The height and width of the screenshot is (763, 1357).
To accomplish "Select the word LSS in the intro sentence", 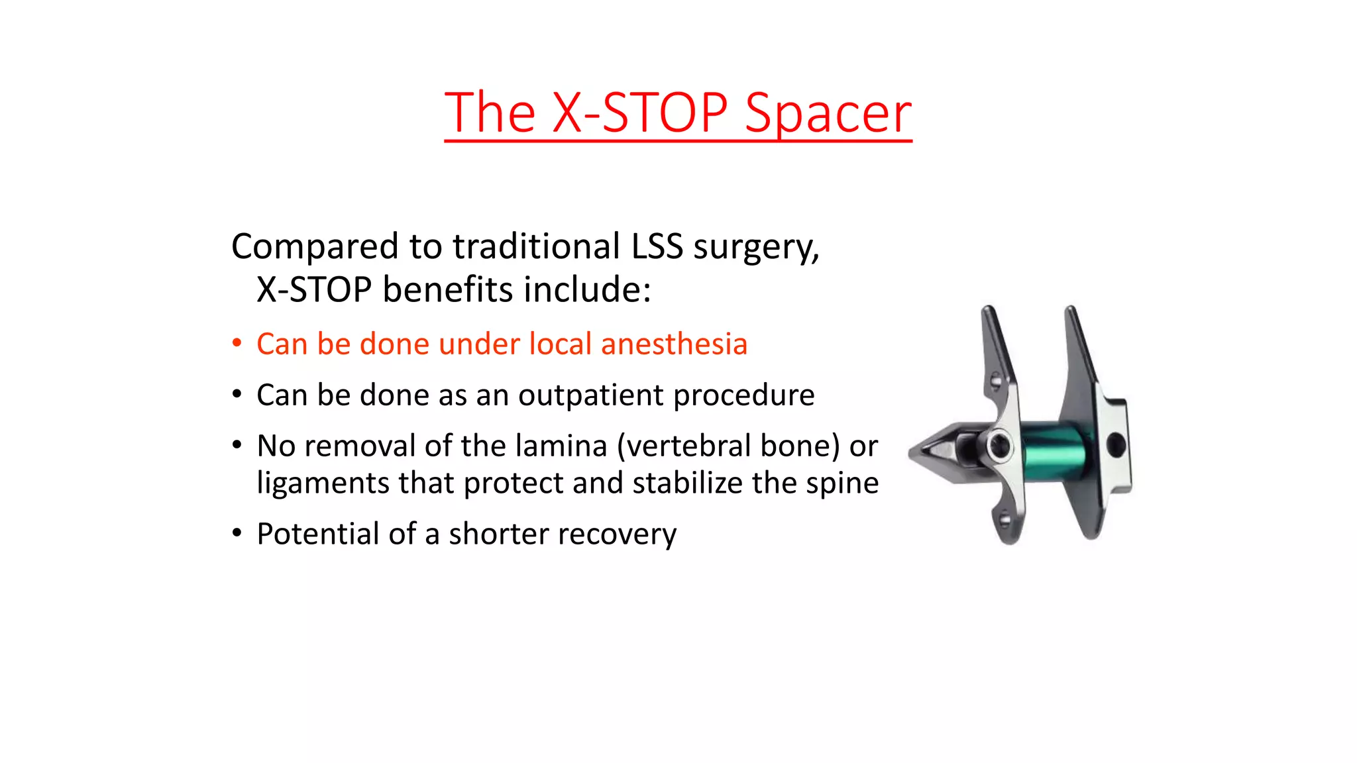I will tap(657, 246).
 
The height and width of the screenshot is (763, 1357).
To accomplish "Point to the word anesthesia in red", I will tap(674, 344).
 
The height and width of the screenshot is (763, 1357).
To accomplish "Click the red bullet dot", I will tap(237, 343).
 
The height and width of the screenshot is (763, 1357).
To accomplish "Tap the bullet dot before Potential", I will tap(237, 533).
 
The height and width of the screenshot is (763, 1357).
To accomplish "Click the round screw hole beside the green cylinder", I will tap(999, 446).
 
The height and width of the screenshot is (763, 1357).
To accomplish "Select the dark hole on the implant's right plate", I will tap(1116, 444).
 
